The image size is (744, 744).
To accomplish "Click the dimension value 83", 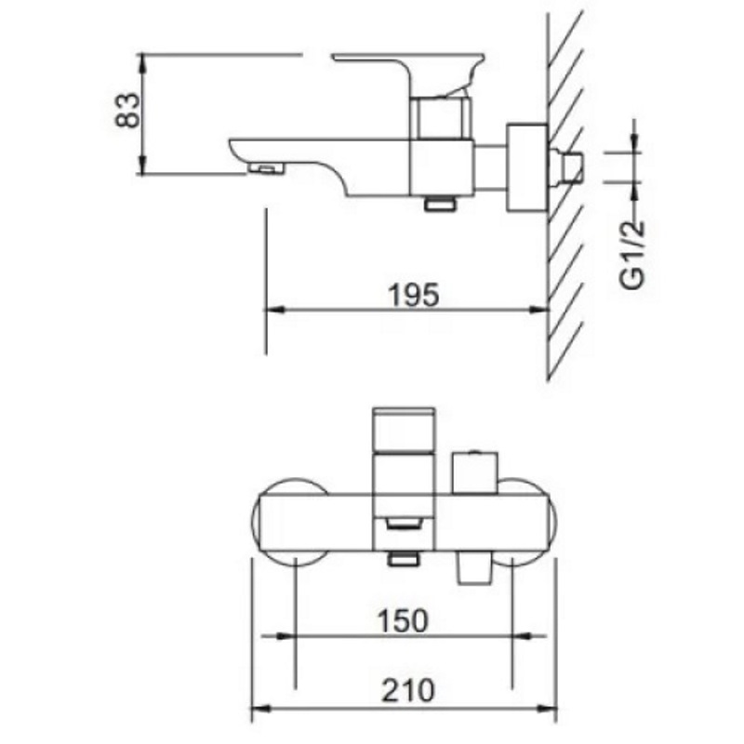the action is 128,110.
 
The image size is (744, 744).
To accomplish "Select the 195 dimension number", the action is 414,295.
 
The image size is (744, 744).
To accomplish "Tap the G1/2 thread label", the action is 633,254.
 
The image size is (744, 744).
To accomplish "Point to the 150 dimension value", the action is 403,620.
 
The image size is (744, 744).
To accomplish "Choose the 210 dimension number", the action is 408,690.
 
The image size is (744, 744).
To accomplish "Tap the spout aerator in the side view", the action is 266,167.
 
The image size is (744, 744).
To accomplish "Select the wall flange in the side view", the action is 526,167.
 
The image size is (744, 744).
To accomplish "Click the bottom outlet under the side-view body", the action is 440,204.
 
